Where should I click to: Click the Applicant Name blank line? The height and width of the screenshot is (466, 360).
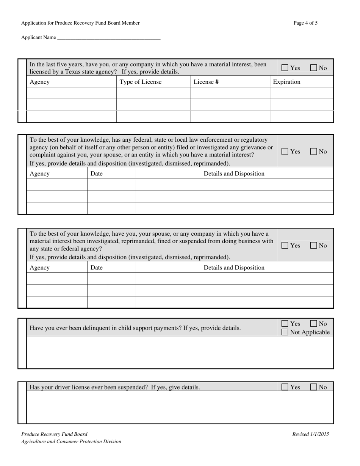pos(108,38)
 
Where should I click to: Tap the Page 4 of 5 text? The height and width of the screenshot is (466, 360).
pos(305,23)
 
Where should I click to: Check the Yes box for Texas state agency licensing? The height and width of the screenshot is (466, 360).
pos(285,68)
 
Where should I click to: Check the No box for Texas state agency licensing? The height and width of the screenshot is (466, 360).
pos(314,68)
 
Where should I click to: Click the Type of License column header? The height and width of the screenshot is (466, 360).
pos(140,82)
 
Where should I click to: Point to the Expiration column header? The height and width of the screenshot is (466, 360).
pos(286,82)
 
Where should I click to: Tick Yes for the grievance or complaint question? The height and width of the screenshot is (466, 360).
pos(285,152)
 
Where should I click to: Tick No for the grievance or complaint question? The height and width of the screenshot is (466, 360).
pos(314,152)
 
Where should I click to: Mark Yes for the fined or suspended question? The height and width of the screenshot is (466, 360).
pos(285,246)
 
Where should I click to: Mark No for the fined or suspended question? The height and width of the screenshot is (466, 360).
pos(314,246)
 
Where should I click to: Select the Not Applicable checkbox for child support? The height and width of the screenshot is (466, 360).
pos(285,332)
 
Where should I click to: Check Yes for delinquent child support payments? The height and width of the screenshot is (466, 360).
pos(285,324)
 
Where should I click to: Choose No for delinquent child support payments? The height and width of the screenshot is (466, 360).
pos(314,324)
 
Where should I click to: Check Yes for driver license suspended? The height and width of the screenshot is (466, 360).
pos(285,387)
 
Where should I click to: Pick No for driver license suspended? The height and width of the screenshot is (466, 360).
pos(314,387)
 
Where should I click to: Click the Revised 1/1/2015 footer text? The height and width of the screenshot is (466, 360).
pos(310,435)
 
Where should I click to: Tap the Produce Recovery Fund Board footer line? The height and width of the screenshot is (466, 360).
pos(54,435)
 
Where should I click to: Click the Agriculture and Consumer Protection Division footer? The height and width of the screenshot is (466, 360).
pos(71,441)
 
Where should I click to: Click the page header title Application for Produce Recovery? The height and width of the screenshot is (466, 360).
pos(80,23)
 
